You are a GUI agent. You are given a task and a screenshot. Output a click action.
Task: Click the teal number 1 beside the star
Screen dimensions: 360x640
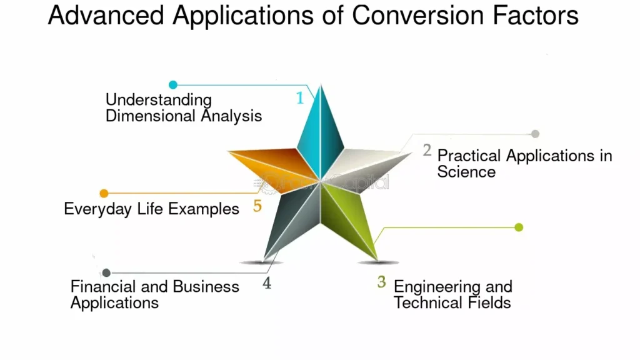(300, 98)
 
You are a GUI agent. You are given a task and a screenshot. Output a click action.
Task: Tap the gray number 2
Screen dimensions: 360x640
(427, 150)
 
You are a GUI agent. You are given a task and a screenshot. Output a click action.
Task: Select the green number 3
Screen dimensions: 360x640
(381, 282)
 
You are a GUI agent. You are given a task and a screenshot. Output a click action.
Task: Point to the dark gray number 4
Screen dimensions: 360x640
(267, 283)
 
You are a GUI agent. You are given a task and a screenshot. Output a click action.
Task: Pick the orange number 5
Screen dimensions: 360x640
(257, 206)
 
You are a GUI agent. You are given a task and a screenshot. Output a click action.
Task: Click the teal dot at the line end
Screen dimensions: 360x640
(173, 84)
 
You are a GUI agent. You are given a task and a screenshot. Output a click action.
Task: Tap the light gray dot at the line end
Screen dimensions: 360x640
(535, 134)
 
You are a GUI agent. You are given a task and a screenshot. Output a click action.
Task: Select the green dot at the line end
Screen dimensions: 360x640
(518, 227)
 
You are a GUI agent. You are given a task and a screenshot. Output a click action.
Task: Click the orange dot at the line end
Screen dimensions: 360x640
(104, 193)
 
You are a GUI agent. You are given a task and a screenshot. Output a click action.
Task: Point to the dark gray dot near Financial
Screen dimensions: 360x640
(106, 272)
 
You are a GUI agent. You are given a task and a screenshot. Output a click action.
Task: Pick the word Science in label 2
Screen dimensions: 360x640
(466, 171)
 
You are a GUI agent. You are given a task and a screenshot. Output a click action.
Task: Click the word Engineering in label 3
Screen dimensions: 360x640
(436, 287)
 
